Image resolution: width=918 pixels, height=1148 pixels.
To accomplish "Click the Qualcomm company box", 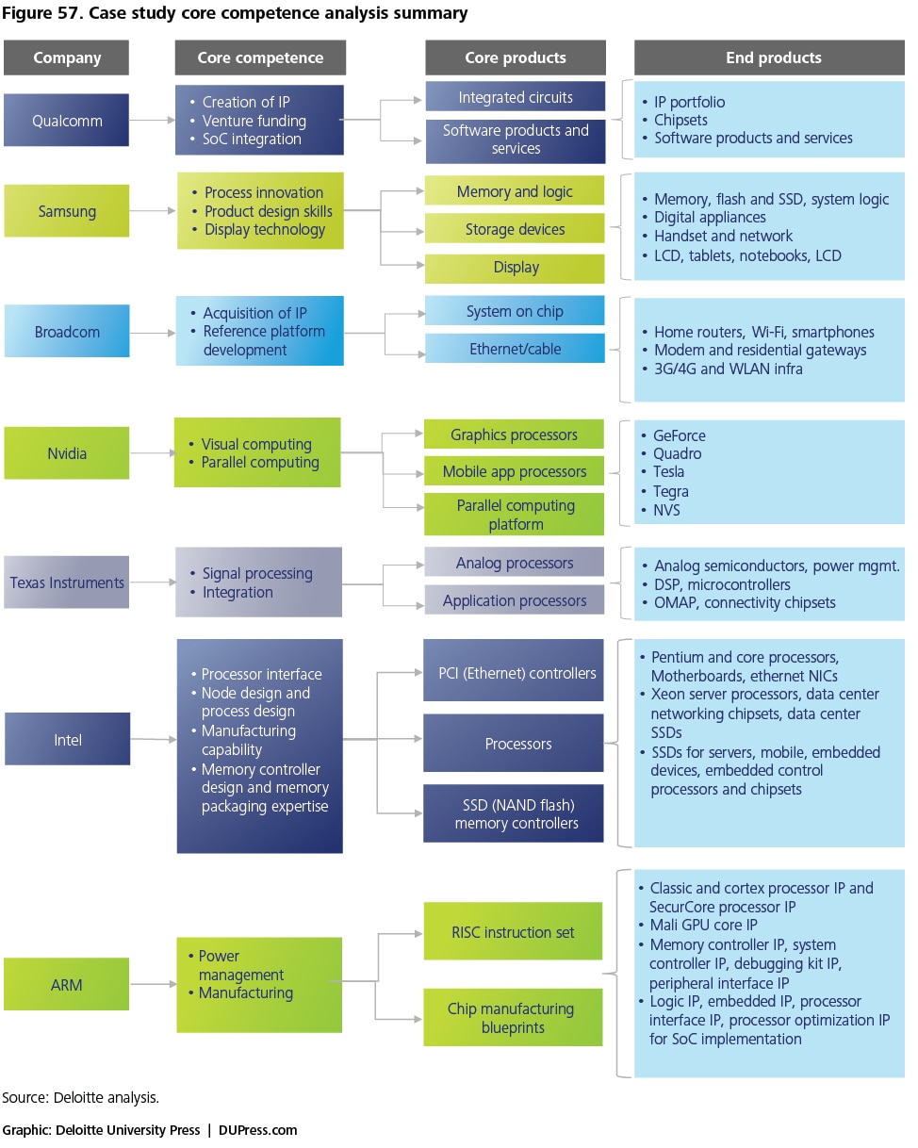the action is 66,120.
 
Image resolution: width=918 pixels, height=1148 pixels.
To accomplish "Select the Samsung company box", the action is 67,211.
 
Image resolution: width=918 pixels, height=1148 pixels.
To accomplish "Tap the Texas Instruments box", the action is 67,582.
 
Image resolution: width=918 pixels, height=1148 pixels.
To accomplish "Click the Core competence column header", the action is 260,57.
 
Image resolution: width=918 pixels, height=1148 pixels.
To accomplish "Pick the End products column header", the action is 769,57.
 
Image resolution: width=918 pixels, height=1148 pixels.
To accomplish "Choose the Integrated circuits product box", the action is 516,96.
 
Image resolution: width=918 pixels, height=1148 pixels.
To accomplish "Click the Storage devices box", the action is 515,228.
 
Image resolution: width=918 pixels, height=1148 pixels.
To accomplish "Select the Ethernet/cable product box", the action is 515,349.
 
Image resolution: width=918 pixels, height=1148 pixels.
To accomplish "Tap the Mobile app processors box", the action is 515,470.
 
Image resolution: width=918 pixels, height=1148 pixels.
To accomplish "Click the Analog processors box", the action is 515,562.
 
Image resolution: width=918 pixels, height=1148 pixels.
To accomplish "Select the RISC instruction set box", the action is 513,931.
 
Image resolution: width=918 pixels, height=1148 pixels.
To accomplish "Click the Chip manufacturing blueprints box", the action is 513,1017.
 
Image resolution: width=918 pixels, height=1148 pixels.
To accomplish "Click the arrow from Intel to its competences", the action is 153,739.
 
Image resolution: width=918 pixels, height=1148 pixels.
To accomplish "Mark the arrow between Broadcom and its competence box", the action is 153,333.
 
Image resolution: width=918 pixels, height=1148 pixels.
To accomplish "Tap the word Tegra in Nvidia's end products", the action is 670,491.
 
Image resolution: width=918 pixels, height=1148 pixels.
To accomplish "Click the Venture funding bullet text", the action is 254,121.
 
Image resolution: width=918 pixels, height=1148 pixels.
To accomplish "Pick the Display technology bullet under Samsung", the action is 265,230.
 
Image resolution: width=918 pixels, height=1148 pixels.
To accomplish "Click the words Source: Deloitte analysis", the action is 80,1097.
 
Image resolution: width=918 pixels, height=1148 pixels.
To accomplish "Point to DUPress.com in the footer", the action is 257,1130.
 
